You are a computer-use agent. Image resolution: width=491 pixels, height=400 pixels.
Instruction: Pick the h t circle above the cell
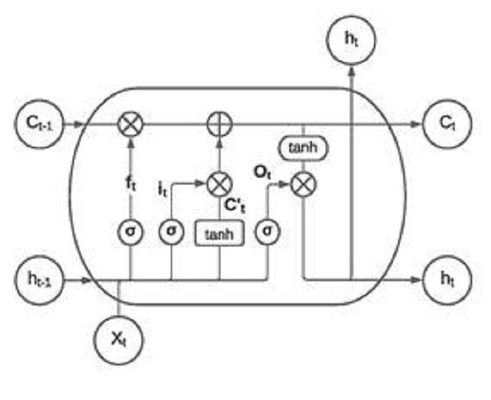click(350, 38)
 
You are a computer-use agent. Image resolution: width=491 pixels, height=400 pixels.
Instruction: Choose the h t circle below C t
click(448, 280)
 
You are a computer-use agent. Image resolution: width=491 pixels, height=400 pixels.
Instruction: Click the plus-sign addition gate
click(219, 123)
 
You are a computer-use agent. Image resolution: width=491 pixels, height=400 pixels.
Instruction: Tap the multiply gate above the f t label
click(131, 123)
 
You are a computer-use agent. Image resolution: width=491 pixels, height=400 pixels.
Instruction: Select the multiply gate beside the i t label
click(219, 183)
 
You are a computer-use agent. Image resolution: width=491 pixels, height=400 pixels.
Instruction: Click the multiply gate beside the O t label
click(304, 183)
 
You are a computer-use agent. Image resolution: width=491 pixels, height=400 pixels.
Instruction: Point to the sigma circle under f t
click(131, 231)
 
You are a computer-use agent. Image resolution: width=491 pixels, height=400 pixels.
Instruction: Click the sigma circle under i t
click(171, 231)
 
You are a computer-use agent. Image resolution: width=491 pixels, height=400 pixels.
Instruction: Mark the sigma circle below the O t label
click(267, 231)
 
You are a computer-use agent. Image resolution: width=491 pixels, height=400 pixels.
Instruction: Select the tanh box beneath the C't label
click(220, 234)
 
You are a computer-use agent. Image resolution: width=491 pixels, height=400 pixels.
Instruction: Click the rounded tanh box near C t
click(304, 149)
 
